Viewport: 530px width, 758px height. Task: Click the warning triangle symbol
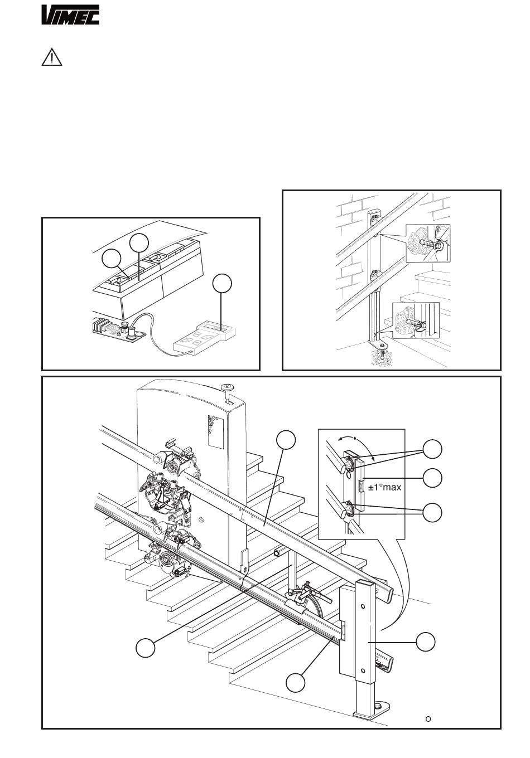[x=51, y=59]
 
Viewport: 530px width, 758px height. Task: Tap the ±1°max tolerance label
[x=384, y=487]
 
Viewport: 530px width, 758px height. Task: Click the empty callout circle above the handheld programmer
[x=223, y=283]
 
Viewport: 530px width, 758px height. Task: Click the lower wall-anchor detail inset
[x=416, y=320]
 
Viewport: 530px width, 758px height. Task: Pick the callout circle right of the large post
[x=426, y=642]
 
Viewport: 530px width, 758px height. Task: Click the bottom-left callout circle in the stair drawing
[x=145, y=648]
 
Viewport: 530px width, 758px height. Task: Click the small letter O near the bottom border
[x=428, y=718]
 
